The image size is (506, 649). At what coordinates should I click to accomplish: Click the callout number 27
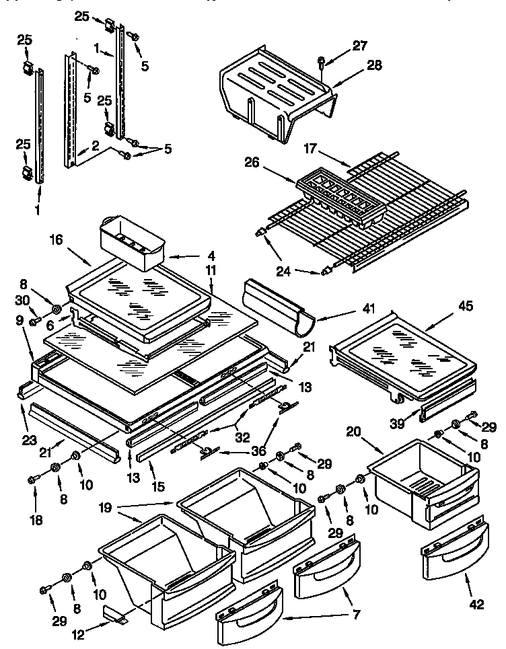click(361, 46)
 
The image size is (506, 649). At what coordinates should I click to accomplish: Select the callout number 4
click(211, 256)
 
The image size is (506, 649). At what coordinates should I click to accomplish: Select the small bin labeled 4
click(132, 241)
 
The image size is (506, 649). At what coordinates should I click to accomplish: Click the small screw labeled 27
click(322, 62)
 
